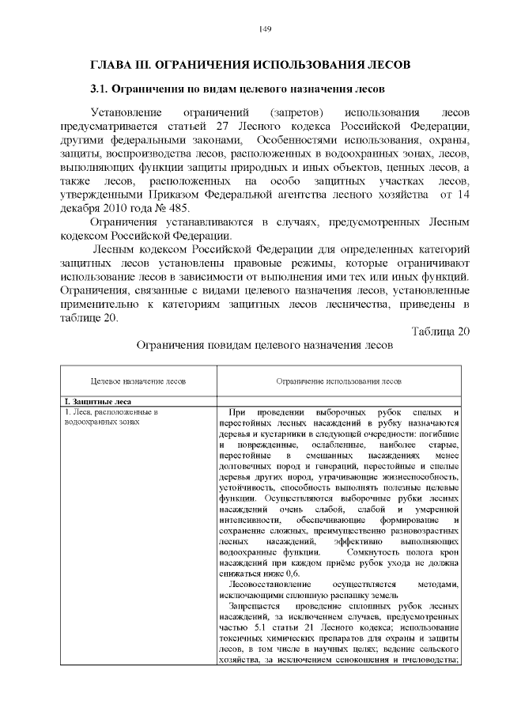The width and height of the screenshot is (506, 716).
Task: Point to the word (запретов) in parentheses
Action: pyautogui.click(x=300, y=112)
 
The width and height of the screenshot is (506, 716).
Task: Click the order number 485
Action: pyautogui.click(x=179, y=210)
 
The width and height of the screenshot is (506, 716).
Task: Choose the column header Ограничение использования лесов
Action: pyautogui.click(x=339, y=381)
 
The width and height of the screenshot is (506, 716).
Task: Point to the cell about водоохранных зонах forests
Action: pyautogui.click(x=111, y=417)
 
